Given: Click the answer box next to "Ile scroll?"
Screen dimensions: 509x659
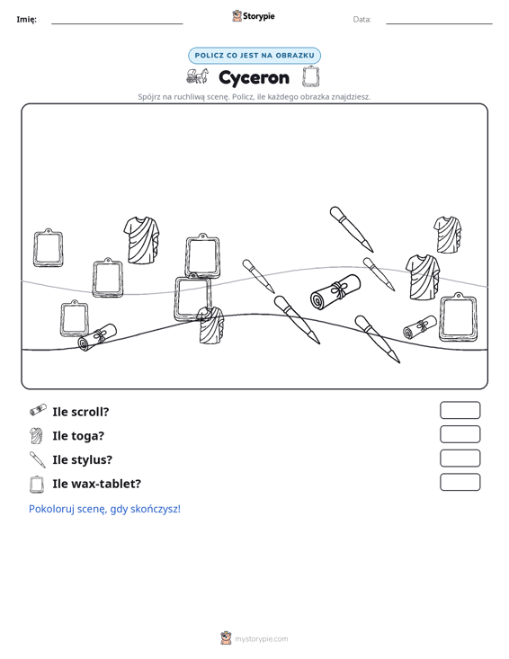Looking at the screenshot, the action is (x=460, y=410).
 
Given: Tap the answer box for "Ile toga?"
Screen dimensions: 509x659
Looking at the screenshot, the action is (x=460, y=434).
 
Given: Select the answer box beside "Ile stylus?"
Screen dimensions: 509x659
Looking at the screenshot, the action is (x=460, y=459).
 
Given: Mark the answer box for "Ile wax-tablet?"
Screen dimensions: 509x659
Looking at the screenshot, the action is (x=460, y=482).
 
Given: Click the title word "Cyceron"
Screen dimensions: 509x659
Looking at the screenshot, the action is (x=254, y=77).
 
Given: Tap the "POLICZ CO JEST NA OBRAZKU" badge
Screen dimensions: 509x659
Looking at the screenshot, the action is (x=254, y=56).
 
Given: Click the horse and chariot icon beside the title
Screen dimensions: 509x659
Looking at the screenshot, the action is (x=197, y=76).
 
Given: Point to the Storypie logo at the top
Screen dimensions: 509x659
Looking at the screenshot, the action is (x=254, y=16).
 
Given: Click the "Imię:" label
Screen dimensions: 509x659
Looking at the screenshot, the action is (x=26, y=20).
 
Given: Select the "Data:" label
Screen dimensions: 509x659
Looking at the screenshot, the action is (x=362, y=20).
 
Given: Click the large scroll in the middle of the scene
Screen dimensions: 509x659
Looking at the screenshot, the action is (x=335, y=292).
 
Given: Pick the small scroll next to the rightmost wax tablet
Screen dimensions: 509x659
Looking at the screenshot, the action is (x=419, y=327).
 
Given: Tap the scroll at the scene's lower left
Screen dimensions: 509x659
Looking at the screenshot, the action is (x=97, y=337).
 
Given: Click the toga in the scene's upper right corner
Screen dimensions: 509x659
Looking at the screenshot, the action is (x=447, y=235).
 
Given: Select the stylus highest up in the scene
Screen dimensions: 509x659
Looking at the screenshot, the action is (x=352, y=229).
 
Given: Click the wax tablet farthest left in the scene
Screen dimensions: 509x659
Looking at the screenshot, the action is (x=49, y=248).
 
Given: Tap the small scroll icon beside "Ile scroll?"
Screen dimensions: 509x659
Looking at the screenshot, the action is (x=38, y=410).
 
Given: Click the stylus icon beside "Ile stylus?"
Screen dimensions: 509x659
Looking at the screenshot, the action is (x=38, y=459).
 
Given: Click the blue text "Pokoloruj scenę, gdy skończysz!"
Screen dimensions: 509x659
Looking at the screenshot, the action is (x=104, y=509).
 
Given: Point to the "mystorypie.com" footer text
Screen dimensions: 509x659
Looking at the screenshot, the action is (x=262, y=639).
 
